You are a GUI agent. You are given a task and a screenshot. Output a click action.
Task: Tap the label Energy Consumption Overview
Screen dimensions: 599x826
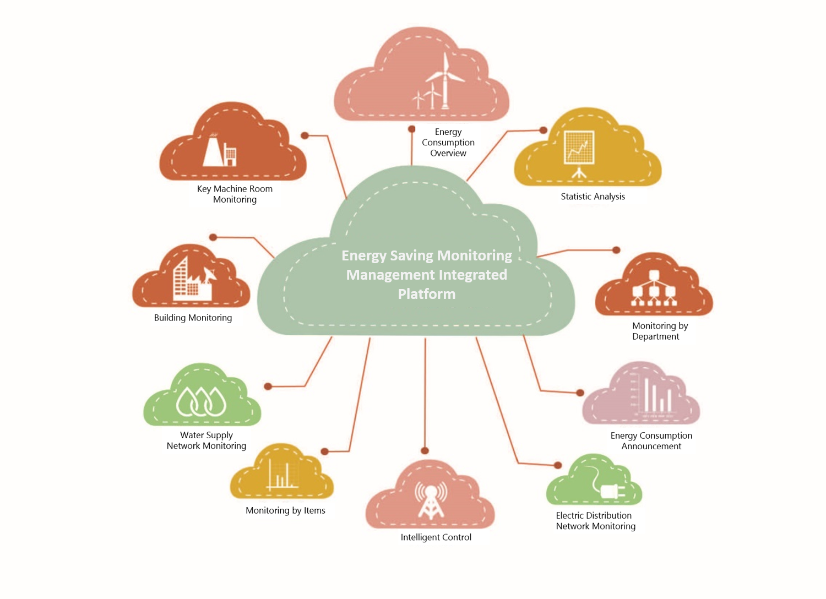[x=448, y=143]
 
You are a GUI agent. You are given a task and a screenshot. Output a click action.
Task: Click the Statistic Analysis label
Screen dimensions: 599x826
[x=593, y=197]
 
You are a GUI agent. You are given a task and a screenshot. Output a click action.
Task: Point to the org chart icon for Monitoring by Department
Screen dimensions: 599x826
[x=654, y=288]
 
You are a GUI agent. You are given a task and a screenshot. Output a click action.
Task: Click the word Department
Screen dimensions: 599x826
[x=655, y=336]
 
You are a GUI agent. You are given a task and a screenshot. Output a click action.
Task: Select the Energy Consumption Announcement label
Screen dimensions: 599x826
[x=651, y=440]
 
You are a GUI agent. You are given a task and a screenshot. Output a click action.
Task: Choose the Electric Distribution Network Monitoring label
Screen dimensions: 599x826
[x=595, y=521]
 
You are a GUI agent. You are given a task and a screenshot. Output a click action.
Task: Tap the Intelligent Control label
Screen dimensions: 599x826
[x=436, y=537]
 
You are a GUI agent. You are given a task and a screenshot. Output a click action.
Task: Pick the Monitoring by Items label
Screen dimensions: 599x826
[x=285, y=510]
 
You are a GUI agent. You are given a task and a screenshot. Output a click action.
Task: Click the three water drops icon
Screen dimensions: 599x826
[x=201, y=401]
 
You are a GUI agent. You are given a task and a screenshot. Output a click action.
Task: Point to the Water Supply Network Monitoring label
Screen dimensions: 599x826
[x=206, y=440]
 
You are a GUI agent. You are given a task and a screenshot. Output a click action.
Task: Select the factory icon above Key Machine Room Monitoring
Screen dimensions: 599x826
[x=220, y=150]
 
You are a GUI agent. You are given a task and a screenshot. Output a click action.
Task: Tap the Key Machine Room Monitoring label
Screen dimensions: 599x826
[x=235, y=194]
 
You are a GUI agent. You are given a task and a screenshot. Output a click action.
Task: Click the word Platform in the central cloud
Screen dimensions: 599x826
[x=427, y=294]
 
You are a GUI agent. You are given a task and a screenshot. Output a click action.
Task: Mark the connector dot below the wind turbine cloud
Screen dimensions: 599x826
[x=411, y=129]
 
